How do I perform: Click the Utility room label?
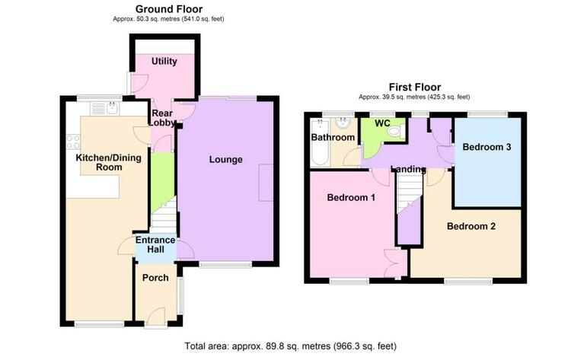point(164,61)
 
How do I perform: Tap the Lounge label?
point(226,159)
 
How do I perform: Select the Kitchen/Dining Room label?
point(109,162)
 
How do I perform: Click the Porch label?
point(155,278)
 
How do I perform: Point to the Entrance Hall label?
point(155,244)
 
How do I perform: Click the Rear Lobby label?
point(162,118)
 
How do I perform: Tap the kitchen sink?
point(104,109)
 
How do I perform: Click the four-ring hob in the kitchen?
point(73,142)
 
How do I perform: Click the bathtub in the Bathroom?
point(321,142)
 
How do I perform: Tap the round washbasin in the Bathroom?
point(343,124)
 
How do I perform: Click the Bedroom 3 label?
point(486,147)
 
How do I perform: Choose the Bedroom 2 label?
point(471,226)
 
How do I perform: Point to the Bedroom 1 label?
point(351,197)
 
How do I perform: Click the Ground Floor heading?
point(169,8)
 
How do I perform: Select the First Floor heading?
point(415,87)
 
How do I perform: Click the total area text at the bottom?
point(290,346)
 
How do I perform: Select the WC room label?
point(382,123)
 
